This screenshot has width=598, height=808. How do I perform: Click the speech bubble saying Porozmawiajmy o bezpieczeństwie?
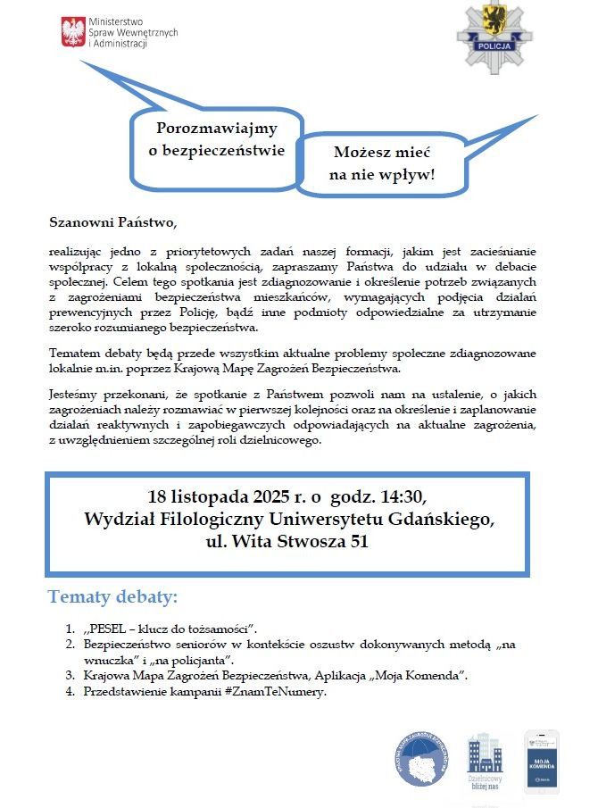pos(217,139)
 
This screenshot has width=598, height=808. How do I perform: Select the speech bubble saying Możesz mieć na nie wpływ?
pos(381,163)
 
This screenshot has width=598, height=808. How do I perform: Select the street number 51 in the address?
pos(357,541)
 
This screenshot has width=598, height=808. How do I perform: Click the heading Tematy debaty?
pos(112,596)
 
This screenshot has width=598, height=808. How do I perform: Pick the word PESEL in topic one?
pos(110,628)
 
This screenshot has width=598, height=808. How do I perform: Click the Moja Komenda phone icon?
pos(541,761)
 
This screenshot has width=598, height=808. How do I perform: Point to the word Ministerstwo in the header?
pos(121,21)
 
